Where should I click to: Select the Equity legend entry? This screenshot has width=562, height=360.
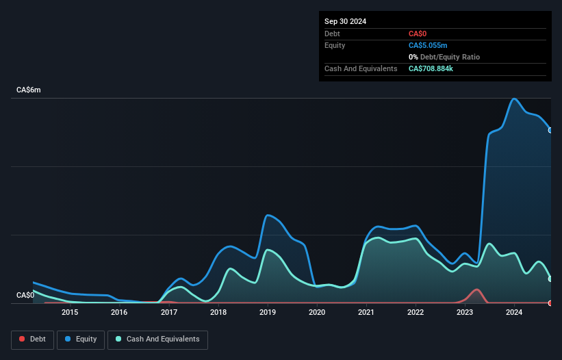(x=81, y=339)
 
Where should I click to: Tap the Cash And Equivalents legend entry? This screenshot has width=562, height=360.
(x=157, y=339)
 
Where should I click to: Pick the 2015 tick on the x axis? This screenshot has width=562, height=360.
(x=70, y=313)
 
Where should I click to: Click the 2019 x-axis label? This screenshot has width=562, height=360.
(x=268, y=313)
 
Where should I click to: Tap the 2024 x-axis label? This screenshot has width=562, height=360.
(x=514, y=313)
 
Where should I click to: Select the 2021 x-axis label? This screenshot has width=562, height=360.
(x=366, y=313)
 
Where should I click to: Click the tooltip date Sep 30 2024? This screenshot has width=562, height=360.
(x=345, y=21)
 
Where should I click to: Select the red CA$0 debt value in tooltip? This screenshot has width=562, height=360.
(x=418, y=34)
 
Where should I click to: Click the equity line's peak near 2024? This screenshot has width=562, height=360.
(x=514, y=99)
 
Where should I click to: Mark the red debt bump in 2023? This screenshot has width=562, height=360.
(x=476, y=290)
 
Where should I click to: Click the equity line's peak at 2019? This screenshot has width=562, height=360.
(x=268, y=216)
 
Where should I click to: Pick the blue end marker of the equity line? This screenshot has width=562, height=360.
(x=550, y=130)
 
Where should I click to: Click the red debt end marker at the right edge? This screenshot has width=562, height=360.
(x=550, y=303)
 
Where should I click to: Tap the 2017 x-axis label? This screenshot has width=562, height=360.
(x=169, y=313)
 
